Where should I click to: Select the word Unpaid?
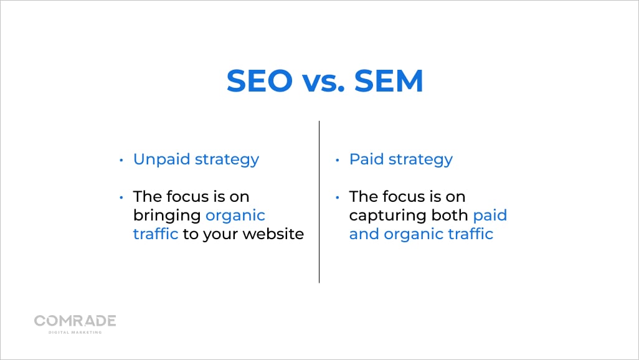click(x=161, y=159)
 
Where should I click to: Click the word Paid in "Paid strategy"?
click(x=366, y=159)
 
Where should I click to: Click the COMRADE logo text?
click(x=75, y=321)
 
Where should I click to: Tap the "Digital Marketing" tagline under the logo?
click(x=75, y=332)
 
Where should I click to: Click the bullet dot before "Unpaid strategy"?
click(x=121, y=160)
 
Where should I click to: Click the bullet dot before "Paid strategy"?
click(x=338, y=160)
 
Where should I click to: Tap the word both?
click(x=451, y=216)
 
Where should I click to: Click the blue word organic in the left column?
click(x=235, y=216)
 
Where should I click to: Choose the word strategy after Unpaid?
click(x=227, y=159)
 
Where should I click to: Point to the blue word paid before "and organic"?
click(x=490, y=216)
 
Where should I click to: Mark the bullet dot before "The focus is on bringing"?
click(x=121, y=197)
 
